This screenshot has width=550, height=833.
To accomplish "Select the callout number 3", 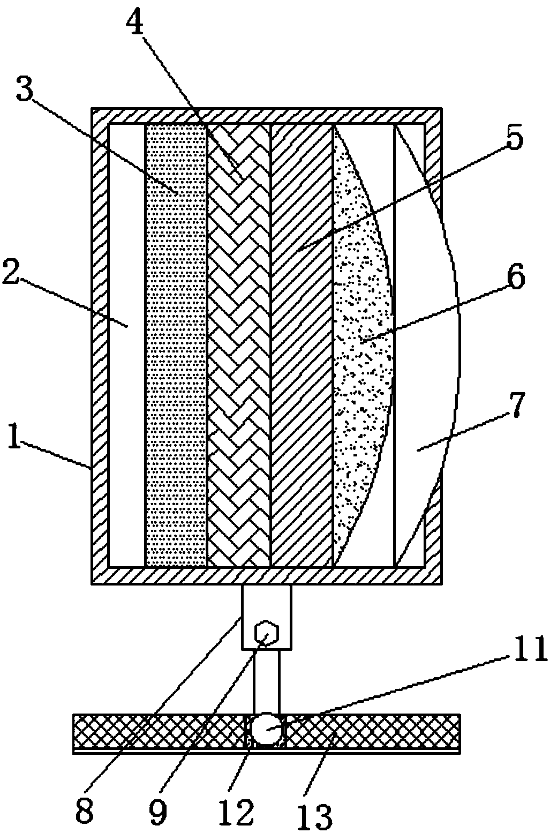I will click(x=25, y=91).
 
